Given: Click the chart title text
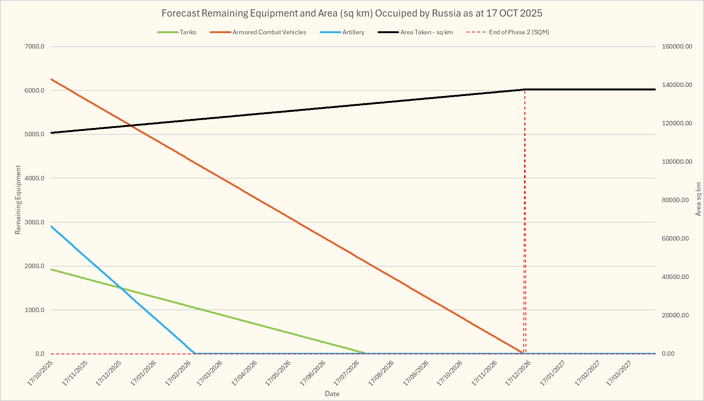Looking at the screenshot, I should click(x=352, y=13).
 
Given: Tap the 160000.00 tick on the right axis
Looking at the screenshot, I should click(x=677, y=47).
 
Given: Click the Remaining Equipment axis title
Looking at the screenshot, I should click(x=18, y=200).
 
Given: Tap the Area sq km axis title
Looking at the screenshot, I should click(x=698, y=199).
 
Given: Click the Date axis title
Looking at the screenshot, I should click(x=332, y=394).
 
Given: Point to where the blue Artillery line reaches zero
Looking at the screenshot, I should click(x=195, y=354).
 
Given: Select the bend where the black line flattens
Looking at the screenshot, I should click(x=524, y=90).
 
